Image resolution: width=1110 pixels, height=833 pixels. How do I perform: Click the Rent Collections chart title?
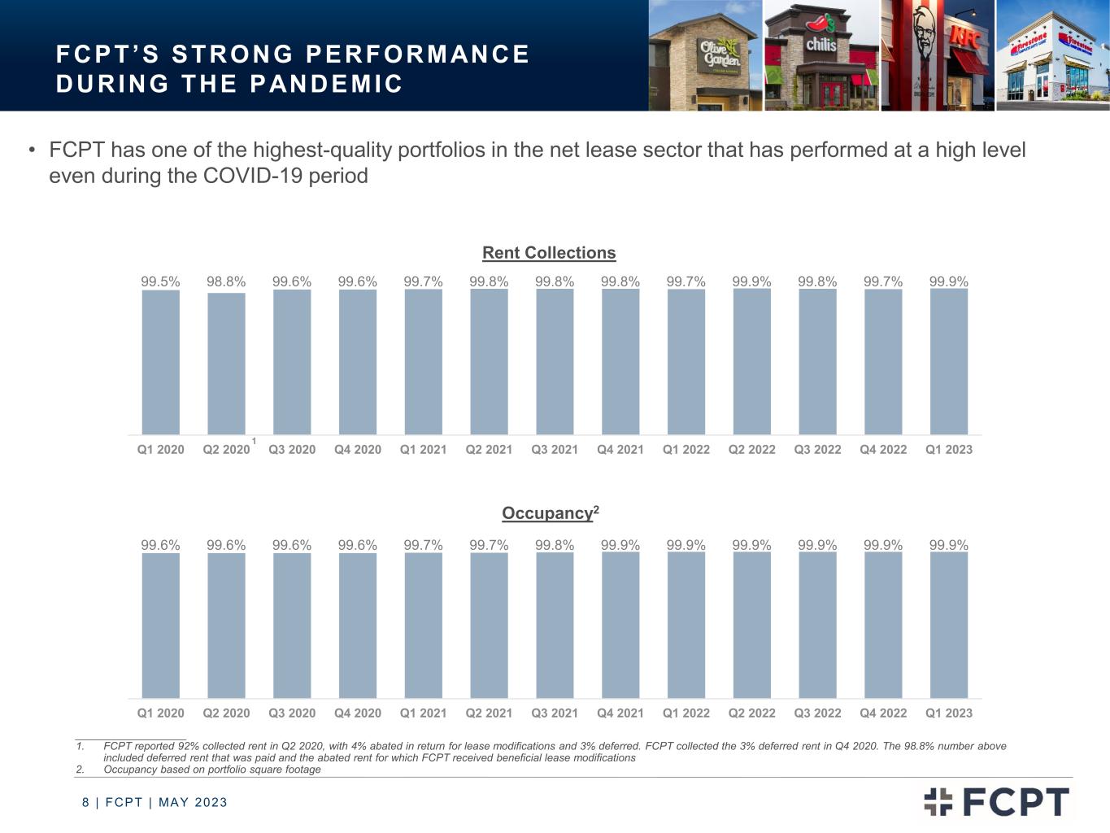549,253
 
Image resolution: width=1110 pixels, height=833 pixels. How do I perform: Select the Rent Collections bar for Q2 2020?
226,364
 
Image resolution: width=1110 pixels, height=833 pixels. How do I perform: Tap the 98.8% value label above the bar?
226,281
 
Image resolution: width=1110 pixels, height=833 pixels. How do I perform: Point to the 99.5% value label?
160,281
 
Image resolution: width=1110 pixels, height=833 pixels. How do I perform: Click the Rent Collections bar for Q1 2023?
949,362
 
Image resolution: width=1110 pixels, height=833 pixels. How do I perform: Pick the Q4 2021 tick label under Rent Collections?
620,450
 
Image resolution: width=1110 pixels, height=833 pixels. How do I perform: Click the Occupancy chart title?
551,512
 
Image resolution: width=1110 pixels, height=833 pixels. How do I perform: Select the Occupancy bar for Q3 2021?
555,626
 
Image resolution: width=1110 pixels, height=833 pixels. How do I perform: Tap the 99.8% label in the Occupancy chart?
555,545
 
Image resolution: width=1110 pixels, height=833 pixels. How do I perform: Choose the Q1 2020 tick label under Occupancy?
160,713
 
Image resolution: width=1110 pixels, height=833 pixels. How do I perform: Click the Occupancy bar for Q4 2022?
883,626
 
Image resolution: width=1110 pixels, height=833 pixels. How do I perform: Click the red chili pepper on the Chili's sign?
817,23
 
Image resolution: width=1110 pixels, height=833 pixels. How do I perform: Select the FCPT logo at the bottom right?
996,801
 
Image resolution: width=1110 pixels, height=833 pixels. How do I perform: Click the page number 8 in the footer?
85,803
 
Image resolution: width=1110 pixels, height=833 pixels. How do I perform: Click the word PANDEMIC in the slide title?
325,84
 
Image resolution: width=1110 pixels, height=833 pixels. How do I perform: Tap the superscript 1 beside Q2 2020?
254,442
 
